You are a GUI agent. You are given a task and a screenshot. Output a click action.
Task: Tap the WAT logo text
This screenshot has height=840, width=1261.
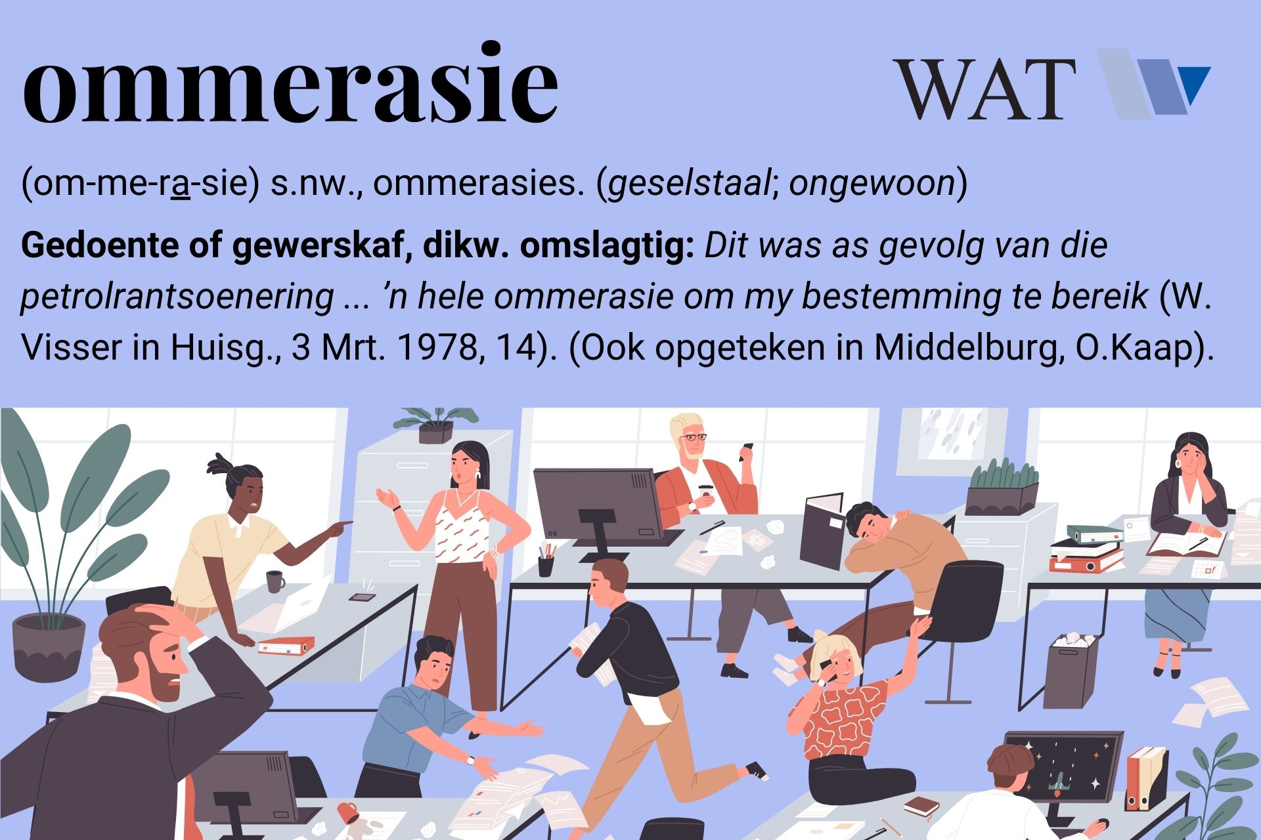[x=984, y=89]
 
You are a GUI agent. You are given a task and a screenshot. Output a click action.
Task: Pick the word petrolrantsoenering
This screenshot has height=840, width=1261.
[x=177, y=297]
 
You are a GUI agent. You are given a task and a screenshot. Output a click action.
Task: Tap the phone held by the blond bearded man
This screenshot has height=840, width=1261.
[x=747, y=451]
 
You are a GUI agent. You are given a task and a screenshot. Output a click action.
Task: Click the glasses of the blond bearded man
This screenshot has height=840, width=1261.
[x=692, y=437]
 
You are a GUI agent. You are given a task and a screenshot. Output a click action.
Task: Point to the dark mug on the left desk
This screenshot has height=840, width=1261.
[x=275, y=581]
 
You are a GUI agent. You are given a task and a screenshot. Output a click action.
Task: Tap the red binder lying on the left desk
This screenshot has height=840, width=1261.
[x=282, y=646]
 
